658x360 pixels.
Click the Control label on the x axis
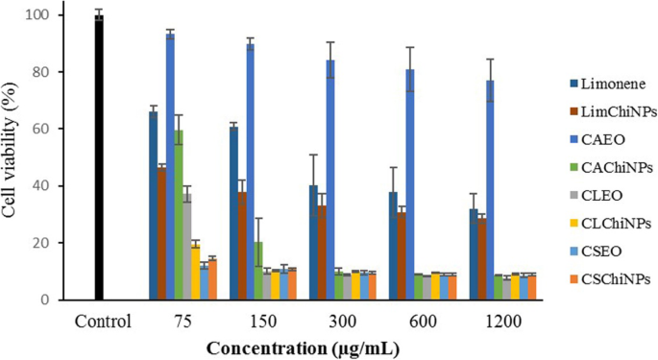(x=99, y=320)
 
